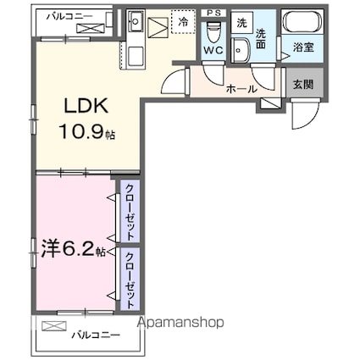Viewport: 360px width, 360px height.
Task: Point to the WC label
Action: click(x=213, y=50)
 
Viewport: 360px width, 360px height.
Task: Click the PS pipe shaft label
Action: click(x=213, y=12)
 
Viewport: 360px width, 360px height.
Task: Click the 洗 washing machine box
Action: click(x=241, y=23)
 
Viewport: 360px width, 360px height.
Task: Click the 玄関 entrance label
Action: click(x=301, y=85)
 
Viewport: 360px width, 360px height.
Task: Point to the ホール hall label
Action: click(x=241, y=87)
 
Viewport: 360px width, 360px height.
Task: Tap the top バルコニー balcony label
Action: click(x=63, y=14)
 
